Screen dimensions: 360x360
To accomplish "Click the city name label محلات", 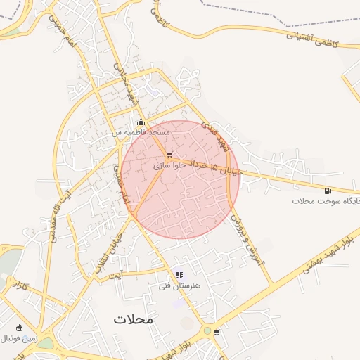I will coord(132,319).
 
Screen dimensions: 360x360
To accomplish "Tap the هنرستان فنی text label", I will coord(181,286).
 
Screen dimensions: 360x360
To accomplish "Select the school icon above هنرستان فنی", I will coord(180,275).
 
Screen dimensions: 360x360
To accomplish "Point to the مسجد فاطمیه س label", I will coord(141,132).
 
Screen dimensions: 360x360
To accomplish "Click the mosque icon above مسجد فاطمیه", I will coord(141,122).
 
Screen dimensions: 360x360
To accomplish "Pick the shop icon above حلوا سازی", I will coord(169,155).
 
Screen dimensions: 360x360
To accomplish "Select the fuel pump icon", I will coord(328,190).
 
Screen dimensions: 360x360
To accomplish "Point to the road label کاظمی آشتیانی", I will coord(311,39).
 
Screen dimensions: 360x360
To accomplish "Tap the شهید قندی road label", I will coord(214,133).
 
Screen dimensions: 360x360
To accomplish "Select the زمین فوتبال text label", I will coord(18,338).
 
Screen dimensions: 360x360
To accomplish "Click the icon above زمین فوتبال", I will coord(18,327).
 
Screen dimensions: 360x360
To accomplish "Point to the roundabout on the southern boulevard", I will coord(207,330).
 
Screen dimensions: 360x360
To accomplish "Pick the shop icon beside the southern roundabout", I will coord(217,332).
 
